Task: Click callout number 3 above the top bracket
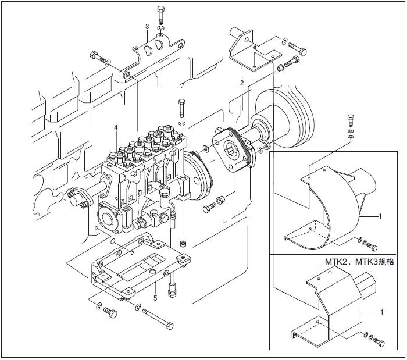tap(147, 27)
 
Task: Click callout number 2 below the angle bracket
tap(242, 83)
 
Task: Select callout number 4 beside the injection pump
tap(116, 128)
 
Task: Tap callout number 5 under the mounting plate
tap(155, 298)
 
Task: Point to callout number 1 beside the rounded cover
tap(380, 216)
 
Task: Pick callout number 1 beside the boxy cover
tap(382, 313)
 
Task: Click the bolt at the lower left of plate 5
tap(109, 313)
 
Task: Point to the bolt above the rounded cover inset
tap(350, 120)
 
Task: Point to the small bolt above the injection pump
tap(181, 108)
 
